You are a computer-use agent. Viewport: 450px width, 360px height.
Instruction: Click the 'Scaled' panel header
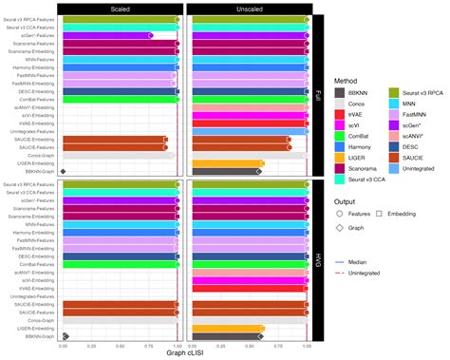click(121, 7)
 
